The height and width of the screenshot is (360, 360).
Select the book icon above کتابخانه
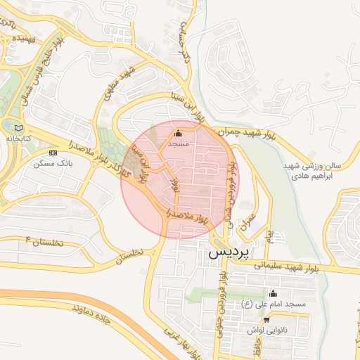[18, 128]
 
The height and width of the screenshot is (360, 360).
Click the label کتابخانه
[18, 139]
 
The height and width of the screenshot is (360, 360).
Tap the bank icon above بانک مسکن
[53, 153]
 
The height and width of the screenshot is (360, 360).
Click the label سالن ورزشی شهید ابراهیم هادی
[316, 172]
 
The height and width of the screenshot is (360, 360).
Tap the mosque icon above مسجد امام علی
[273, 293]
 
